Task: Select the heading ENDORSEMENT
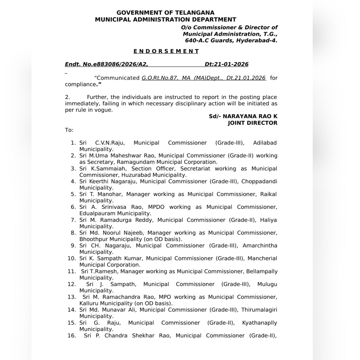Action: [x=166, y=51]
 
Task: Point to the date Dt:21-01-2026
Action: [x=226, y=64]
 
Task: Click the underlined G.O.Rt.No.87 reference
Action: [x=160, y=78]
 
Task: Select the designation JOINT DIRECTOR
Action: [x=252, y=123]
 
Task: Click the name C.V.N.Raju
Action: [x=110, y=143]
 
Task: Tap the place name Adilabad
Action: [x=265, y=143]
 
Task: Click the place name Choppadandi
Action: [x=259, y=181]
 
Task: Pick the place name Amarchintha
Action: [x=260, y=246]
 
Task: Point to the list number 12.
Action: [x=72, y=284]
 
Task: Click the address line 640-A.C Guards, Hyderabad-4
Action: [x=231, y=40]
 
